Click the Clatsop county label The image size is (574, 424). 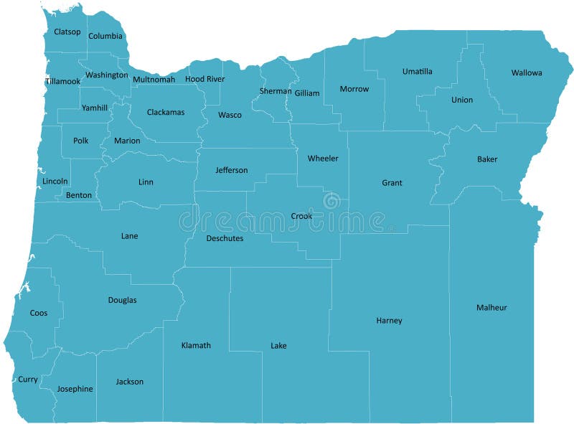pos(67,32)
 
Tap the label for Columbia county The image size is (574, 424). pos(105,36)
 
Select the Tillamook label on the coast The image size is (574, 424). pos(63,81)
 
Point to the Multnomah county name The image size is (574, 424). pos(154,79)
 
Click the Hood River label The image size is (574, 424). pos(205,79)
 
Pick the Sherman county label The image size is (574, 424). pos(276,91)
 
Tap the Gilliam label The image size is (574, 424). pos(307,93)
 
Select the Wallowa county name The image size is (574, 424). pos(527,72)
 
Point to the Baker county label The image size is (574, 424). pos(487,159)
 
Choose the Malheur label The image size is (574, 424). pos(491,308)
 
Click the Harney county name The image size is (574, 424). pos(389,321)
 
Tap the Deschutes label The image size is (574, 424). pos(225,238)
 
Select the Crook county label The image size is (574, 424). pos(301,216)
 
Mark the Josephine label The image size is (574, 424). pos(75,389)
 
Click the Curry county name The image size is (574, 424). pos(28,380)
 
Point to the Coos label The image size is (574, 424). pos(39,313)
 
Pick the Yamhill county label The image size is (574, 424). pos(95,108)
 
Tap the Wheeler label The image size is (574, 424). pos(323,158)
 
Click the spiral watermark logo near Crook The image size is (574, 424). pos(332,202)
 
